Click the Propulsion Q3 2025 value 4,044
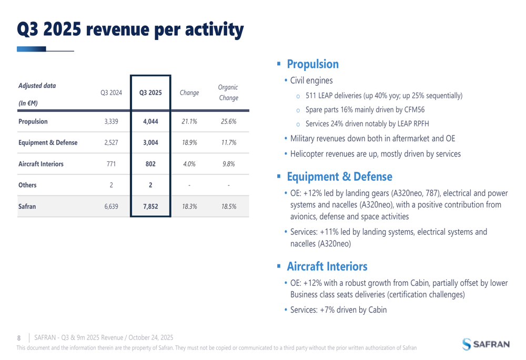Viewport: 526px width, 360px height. click(x=150, y=121)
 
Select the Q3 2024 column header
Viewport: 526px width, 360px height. click(x=111, y=93)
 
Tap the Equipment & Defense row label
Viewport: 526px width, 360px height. click(x=48, y=142)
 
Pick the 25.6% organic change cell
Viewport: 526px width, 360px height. click(x=228, y=121)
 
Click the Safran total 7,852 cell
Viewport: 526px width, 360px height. click(x=150, y=207)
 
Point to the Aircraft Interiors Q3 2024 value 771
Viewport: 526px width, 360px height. click(x=111, y=164)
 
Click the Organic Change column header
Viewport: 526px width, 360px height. click(x=228, y=92)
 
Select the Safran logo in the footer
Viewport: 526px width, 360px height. click(x=486, y=344)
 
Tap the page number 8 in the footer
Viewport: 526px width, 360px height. click(x=19, y=337)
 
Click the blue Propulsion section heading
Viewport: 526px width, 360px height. click(x=312, y=65)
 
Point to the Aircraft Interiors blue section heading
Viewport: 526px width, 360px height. click(x=327, y=266)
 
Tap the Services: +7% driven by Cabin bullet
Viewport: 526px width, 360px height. click(x=338, y=310)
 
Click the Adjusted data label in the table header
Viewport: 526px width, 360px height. click(x=37, y=86)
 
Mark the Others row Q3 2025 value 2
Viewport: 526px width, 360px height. click(x=150, y=185)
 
